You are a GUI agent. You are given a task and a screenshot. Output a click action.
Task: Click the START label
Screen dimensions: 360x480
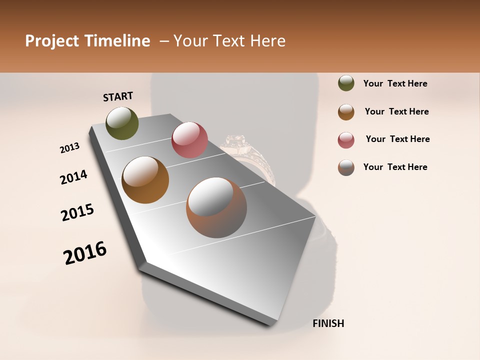pos(118,96)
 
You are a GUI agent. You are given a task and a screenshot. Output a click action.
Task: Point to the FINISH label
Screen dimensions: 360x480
pos(328,323)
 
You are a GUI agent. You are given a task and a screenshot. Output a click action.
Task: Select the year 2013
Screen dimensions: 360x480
pos(70,148)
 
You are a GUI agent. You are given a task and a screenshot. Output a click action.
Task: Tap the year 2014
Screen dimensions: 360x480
pos(73,177)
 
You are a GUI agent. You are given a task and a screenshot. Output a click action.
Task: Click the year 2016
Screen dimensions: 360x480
pos(85,253)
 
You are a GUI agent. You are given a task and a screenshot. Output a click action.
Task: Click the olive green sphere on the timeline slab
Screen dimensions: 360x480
pos(122,123)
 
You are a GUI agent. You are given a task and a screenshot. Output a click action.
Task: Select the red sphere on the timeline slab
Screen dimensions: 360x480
pos(189,140)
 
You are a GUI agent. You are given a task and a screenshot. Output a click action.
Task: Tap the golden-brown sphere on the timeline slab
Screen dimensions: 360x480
pos(145,180)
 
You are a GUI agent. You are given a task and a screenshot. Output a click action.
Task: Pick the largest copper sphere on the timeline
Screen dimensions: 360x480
pos(216,207)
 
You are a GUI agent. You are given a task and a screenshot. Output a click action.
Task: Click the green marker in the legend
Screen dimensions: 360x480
pos(346,83)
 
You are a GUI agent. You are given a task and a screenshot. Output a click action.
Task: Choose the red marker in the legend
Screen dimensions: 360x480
pos(346,140)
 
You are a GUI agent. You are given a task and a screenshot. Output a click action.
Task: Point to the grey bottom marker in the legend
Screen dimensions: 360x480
pos(346,167)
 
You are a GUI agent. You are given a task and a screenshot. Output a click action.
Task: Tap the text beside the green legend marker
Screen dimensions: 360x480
pos(395,83)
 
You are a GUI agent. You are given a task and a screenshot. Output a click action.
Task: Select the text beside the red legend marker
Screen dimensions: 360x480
pos(397,139)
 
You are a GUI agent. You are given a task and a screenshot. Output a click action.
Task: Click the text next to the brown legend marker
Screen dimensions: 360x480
pos(396,111)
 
